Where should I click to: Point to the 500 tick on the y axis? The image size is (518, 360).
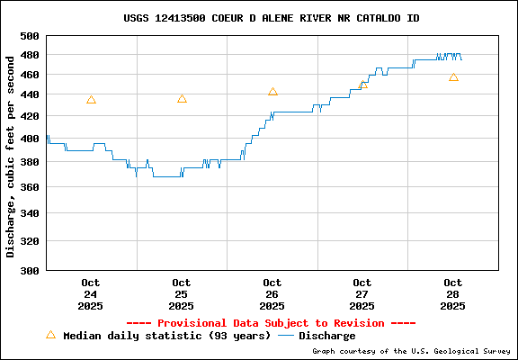[x=31, y=36]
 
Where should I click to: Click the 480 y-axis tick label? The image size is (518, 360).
[x=31, y=56]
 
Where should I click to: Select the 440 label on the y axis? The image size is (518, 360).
[x=31, y=94]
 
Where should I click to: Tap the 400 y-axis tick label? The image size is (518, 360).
[x=31, y=139]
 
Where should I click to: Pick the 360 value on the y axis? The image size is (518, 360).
[x=31, y=187]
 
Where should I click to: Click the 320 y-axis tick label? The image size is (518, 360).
[x=31, y=241]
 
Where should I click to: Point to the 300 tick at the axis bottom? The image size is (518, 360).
[x=31, y=270]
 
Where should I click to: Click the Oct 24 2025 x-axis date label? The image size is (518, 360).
[x=90, y=294]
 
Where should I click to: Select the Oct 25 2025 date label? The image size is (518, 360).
[x=181, y=294]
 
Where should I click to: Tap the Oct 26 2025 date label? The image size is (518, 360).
[x=272, y=294]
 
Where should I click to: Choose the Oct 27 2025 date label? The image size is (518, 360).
[x=362, y=294]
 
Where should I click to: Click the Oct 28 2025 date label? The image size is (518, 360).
[x=453, y=294]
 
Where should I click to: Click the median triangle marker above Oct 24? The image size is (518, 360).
[x=91, y=100]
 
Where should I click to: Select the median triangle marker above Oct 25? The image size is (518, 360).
[x=182, y=99]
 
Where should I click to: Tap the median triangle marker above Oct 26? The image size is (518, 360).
[x=272, y=92]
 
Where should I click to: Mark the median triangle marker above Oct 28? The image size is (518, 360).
[x=453, y=77]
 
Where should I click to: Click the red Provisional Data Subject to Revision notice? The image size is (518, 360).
[x=271, y=323]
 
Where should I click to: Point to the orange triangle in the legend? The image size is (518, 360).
[x=51, y=335]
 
